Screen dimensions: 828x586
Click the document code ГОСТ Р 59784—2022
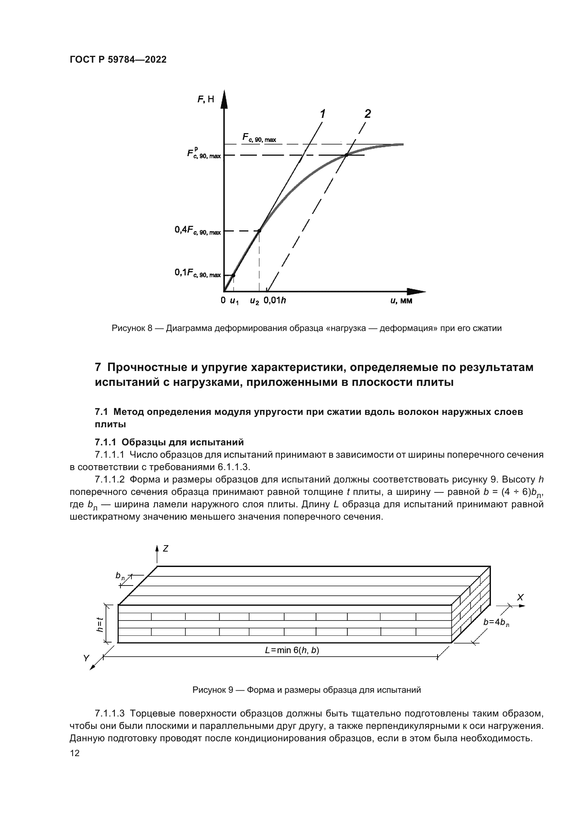(118, 60)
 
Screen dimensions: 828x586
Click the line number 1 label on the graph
(322, 114)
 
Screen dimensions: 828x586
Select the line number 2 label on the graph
(367, 114)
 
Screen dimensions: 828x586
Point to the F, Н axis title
(206, 99)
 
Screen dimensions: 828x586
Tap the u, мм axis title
(401, 301)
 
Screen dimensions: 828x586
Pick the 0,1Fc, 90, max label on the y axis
(197, 273)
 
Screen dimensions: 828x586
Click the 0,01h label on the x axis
(275, 301)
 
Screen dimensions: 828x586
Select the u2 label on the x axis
(254, 301)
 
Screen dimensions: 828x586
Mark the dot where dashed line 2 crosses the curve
(346, 155)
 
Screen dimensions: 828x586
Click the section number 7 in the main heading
(98, 367)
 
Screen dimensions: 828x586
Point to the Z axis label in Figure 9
(165, 548)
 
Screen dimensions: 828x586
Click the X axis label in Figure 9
(520, 598)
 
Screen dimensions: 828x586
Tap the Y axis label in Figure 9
(86, 658)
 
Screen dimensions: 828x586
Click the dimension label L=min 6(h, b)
(292, 650)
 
